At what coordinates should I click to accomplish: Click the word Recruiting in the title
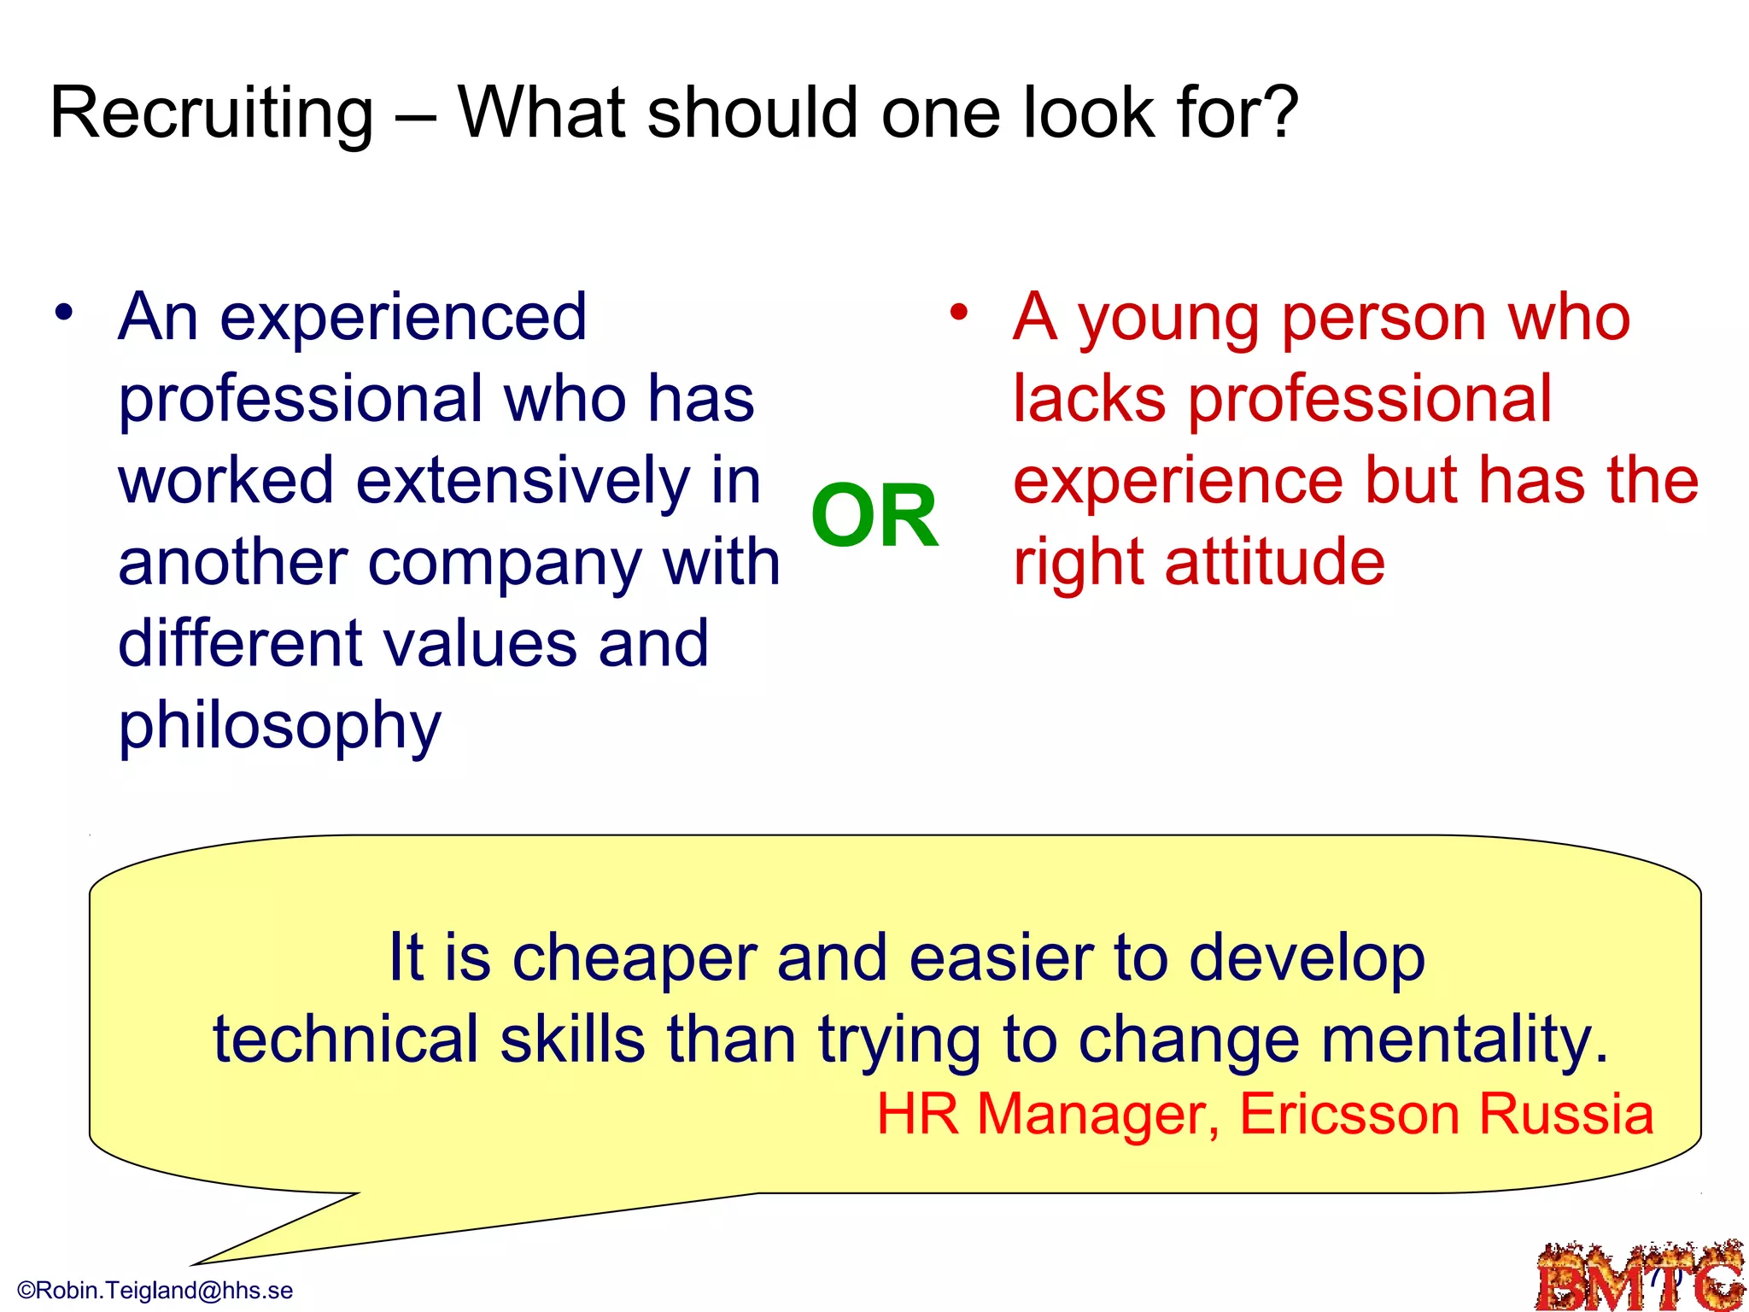coord(212,114)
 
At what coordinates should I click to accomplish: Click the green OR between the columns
coord(874,516)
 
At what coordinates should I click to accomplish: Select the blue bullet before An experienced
coord(64,313)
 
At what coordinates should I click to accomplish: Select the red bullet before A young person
coord(959,313)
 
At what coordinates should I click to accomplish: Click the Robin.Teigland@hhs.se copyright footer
coord(155,1290)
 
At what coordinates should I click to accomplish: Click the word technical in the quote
coord(345,1040)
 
